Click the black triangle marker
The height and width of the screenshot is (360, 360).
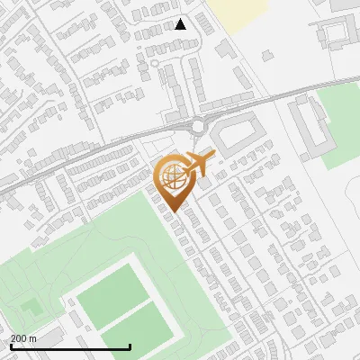point(181,24)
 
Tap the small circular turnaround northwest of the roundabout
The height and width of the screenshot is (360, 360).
point(154,64)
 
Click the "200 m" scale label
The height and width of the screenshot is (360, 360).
point(23,338)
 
